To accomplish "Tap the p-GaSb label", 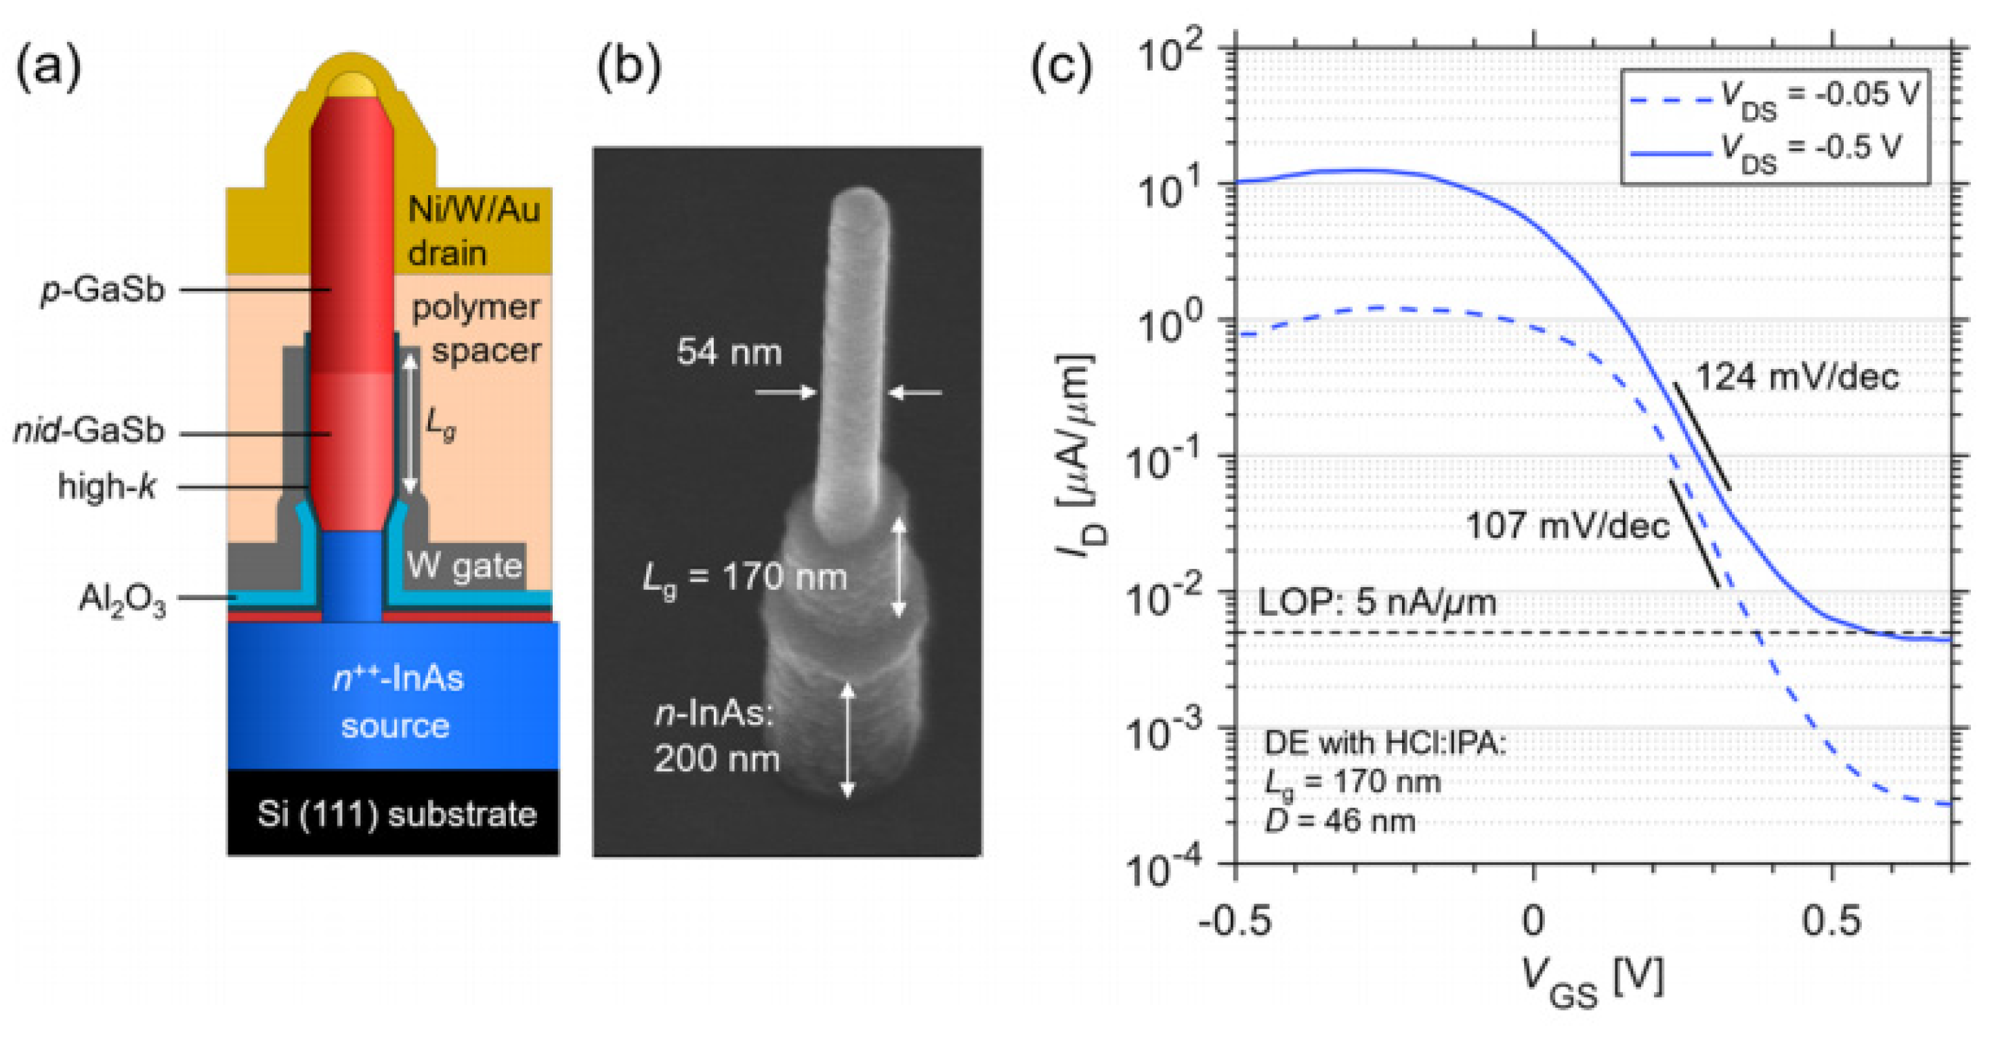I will coord(103,290).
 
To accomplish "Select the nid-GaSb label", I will coord(89,431).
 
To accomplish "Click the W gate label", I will coord(465,566).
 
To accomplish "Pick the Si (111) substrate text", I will coord(396,814).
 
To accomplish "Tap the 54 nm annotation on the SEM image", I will coord(729,352).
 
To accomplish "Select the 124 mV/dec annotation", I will coord(1798,378).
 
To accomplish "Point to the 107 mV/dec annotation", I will coord(1567,526).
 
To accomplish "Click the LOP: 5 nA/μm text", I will coord(1377,602).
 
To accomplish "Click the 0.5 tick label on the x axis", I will coord(1831,922).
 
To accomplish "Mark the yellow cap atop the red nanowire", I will coord(352,83).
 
